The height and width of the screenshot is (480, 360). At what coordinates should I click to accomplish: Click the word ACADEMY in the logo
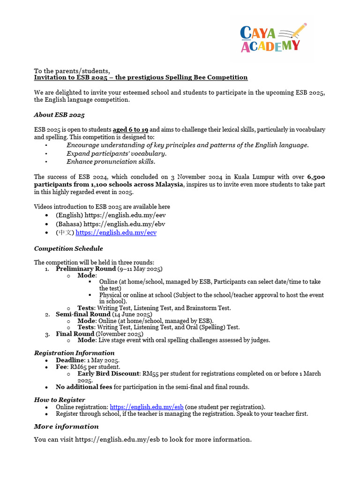click(x=270, y=45)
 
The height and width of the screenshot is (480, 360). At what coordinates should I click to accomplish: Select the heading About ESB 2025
click(x=59, y=115)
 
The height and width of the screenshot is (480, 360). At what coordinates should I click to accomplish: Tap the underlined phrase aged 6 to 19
click(x=131, y=129)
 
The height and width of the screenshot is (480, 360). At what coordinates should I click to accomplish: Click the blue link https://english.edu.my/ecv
click(x=116, y=232)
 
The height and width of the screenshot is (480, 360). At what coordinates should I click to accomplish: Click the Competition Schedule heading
click(x=68, y=248)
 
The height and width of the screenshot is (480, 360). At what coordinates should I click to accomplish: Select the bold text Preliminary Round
click(x=85, y=269)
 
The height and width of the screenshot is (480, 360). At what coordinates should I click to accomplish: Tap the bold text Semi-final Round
click(x=83, y=314)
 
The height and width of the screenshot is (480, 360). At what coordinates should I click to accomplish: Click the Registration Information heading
click(x=74, y=353)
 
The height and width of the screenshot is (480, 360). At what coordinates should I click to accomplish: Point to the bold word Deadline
click(x=69, y=360)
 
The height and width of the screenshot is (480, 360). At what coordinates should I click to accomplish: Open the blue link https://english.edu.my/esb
click(x=146, y=407)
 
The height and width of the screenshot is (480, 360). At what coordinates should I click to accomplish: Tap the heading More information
click(x=66, y=427)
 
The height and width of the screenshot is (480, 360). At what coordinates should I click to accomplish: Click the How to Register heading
click(x=60, y=400)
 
